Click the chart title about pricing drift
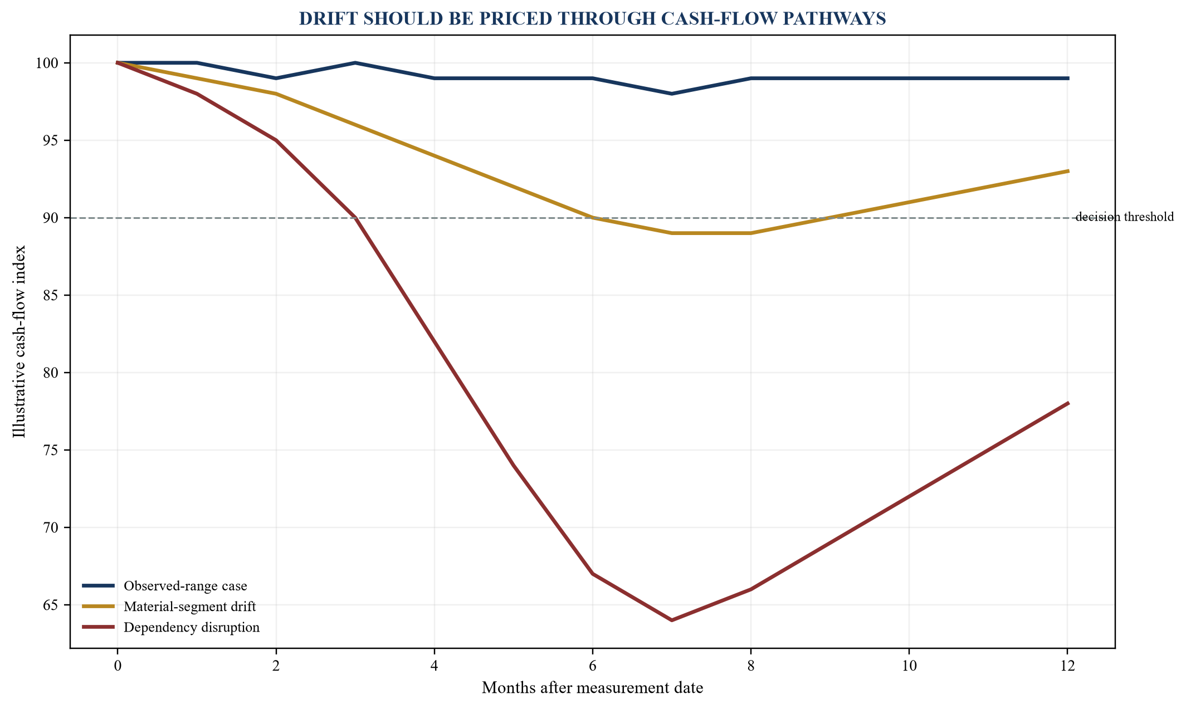coord(592,19)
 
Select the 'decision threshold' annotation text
coord(1124,217)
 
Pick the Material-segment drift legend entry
coord(169,607)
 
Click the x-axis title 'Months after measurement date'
coord(592,688)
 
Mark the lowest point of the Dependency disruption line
coord(672,620)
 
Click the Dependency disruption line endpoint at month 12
coord(1067,403)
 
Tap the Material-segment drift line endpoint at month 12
coord(1067,171)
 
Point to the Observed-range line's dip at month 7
coord(672,94)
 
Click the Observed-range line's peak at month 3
coord(355,63)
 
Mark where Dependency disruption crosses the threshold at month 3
coord(355,218)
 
